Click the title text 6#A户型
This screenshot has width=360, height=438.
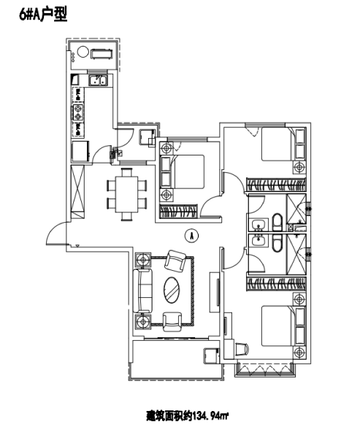pyautogui.click(x=43, y=15)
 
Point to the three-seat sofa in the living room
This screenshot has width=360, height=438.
pyautogui.click(x=143, y=290)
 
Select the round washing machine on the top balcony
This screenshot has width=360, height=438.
pyautogui.click(x=82, y=52)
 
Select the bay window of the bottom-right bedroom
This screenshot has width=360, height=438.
pyautogui.click(x=264, y=369)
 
